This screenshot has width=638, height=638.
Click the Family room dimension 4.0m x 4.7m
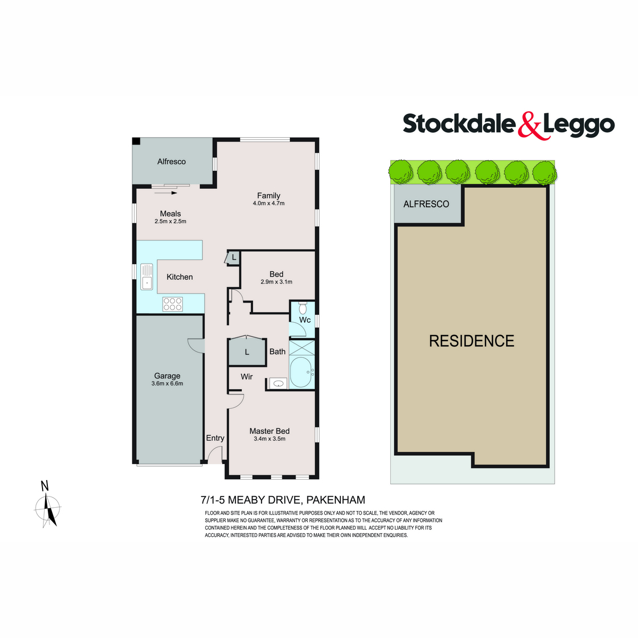click(268, 203)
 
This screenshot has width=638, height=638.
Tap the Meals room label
click(170, 214)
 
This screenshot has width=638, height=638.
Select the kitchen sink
click(147, 276)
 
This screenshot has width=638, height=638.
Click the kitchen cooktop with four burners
click(172, 304)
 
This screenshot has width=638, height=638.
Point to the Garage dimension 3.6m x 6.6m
click(167, 383)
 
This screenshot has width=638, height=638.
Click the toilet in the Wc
click(303, 308)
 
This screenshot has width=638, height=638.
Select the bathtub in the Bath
click(301, 372)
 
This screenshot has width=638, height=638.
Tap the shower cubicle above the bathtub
click(301, 348)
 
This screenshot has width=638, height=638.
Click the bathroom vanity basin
click(278, 383)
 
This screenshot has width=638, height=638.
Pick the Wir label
click(247, 376)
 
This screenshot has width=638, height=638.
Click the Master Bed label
click(270, 431)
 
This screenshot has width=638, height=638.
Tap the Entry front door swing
click(215, 455)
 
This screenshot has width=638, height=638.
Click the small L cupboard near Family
click(233, 258)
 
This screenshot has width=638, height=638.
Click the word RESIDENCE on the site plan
click(472, 341)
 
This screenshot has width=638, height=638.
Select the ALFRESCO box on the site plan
click(426, 204)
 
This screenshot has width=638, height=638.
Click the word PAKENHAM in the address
click(335, 500)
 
